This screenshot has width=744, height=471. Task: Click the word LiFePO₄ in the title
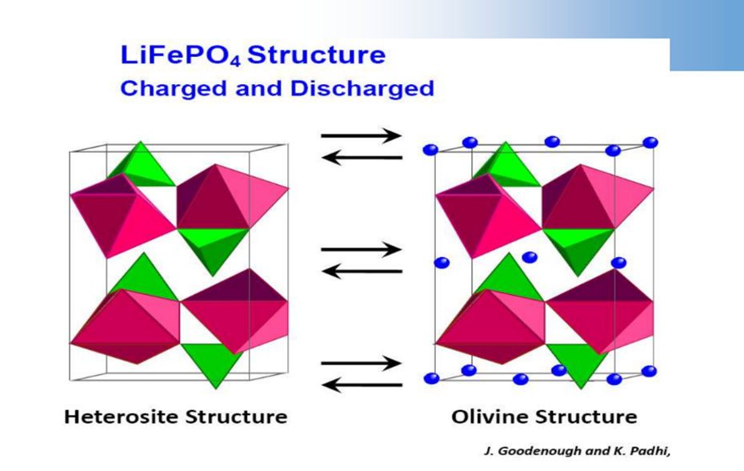click(x=181, y=55)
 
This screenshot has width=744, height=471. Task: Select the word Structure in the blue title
click(x=317, y=54)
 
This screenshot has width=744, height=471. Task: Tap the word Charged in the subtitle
click(x=174, y=89)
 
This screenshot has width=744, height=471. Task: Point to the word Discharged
click(x=362, y=89)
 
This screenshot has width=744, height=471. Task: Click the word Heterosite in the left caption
click(x=121, y=417)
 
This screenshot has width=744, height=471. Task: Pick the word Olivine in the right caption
click(x=490, y=417)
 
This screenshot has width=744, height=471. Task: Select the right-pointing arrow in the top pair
click(x=362, y=136)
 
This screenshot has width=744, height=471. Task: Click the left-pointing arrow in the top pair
click(x=362, y=157)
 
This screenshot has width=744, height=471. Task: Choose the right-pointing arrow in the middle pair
click(x=362, y=250)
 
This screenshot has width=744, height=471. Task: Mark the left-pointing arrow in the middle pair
click(x=362, y=272)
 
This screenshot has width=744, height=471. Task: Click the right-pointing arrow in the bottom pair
click(x=362, y=364)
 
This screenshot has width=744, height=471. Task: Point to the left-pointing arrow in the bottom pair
click(x=362, y=385)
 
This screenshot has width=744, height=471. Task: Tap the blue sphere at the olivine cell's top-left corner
click(x=430, y=150)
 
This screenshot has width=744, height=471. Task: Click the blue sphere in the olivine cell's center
click(x=530, y=257)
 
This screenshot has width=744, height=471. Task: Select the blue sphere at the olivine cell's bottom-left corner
click(x=431, y=378)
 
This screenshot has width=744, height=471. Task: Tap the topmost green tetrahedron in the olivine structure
click(x=506, y=164)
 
